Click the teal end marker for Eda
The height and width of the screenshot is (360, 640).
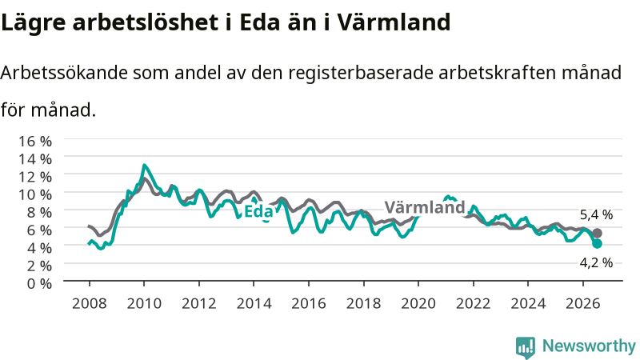[x=597, y=244]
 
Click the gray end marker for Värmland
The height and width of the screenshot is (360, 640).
[x=597, y=234]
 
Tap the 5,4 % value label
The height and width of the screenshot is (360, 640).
[x=596, y=214]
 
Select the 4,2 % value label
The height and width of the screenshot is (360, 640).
[x=596, y=263]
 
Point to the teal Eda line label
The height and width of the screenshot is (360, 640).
[x=258, y=211]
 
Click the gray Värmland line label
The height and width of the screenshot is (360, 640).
[x=425, y=207]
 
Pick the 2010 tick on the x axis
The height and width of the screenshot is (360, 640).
[x=144, y=284]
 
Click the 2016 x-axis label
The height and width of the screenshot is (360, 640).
[x=309, y=304]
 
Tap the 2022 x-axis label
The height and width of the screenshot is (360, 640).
[x=473, y=304]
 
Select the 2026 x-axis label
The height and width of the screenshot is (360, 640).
[x=583, y=304]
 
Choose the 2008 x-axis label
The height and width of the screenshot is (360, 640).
[x=90, y=304]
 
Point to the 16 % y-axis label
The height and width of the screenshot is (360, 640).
[x=35, y=142]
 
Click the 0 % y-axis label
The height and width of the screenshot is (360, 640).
[x=39, y=283]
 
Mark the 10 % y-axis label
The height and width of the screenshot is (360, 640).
[x=35, y=194]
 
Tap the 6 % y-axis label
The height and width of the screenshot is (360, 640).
[x=39, y=230]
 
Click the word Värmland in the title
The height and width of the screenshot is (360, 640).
[x=394, y=22]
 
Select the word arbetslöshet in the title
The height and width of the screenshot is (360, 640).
[x=146, y=22]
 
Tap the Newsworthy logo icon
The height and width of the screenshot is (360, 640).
[x=526, y=347]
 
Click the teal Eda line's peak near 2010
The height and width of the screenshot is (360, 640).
[x=144, y=166]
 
